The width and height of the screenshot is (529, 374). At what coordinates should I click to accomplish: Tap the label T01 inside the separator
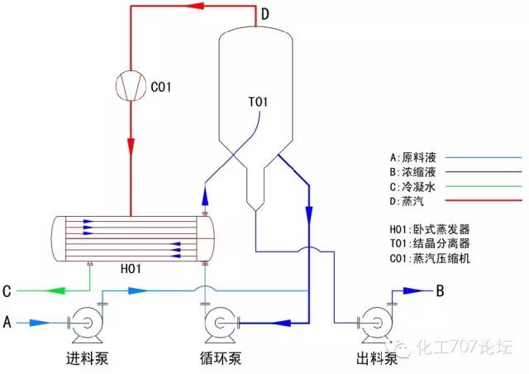[x=259, y=103]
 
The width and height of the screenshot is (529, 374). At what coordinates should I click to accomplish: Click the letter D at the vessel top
[x=264, y=14]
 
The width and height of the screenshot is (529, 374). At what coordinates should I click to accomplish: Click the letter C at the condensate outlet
[x=7, y=291]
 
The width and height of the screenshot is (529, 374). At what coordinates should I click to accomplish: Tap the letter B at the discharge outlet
[x=441, y=290]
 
